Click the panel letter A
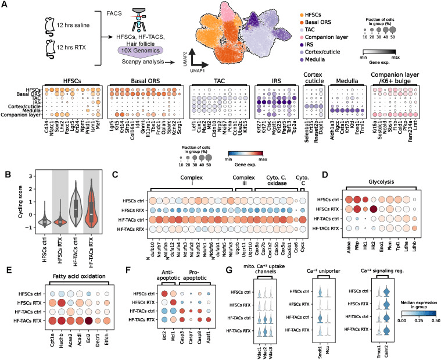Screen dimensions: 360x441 click(5, 5)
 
